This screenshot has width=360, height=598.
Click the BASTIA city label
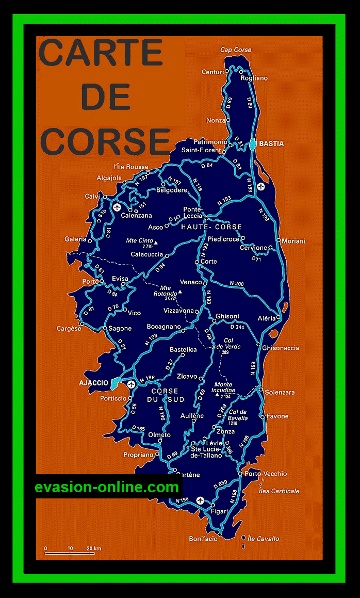click(271, 143)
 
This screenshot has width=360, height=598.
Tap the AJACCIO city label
click(94, 383)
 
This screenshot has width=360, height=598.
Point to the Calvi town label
click(92, 197)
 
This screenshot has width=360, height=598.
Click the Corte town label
click(208, 262)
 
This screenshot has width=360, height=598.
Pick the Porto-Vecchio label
click(266, 474)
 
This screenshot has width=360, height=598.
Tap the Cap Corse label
click(236, 50)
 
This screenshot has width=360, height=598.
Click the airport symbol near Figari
click(200, 500)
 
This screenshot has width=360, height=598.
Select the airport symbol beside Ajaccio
click(131, 384)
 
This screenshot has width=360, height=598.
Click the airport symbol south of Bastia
click(261, 186)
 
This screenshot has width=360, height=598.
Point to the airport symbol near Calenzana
click(117, 207)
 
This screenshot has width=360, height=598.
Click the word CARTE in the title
click(101, 53)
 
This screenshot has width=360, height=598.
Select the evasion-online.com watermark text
click(107, 487)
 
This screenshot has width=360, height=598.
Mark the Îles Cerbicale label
click(279, 491)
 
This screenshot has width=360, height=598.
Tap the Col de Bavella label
click(238, 414)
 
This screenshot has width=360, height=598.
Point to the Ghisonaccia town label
click(281, 348)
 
